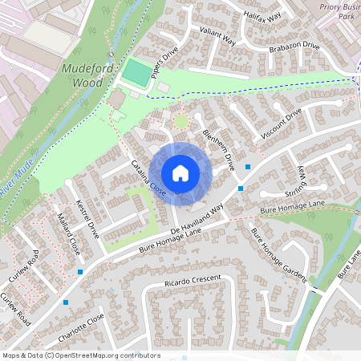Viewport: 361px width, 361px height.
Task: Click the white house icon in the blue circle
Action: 180,173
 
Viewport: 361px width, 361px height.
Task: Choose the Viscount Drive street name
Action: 281,124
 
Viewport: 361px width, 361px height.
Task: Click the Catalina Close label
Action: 148,179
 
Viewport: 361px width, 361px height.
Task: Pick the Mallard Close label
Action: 70,238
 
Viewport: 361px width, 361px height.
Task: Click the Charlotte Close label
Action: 76,327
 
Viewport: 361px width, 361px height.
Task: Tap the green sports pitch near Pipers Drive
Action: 137,74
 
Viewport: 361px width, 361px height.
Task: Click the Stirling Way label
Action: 302,184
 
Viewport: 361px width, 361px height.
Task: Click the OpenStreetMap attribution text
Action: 81,355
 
